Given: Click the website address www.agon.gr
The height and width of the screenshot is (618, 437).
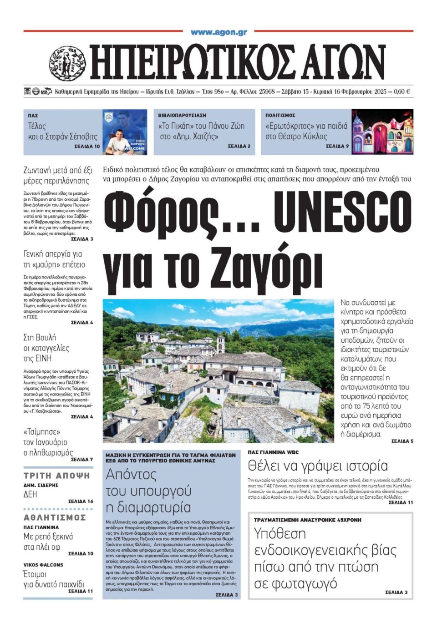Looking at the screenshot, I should pos(218,32).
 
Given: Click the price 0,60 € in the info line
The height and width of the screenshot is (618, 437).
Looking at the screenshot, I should pos(401,91).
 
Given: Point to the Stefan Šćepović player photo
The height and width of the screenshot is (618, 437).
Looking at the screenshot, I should pos(124,132).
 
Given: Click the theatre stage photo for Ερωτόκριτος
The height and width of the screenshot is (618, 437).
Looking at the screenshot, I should pos(382,132).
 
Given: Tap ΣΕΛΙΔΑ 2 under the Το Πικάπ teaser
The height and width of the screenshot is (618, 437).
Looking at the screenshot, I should pos(239,147).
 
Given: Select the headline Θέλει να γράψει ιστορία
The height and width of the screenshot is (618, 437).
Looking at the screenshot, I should pos(318,466).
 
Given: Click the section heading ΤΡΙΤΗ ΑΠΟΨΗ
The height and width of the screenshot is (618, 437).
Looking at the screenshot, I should pos(57,476).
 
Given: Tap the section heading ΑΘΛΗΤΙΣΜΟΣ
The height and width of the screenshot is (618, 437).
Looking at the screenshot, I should pos(55,517).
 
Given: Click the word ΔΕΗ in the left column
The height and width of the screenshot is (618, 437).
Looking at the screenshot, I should pos(30,494).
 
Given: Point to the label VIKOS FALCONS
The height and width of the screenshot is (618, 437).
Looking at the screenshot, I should pos(43,565).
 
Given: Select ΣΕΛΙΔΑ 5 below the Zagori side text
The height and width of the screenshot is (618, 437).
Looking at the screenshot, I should pos(402,441).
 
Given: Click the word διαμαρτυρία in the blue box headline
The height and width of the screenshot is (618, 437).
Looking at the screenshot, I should pos(148,507).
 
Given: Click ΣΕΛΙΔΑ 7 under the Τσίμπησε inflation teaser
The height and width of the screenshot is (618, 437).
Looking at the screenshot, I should pos(82,459).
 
